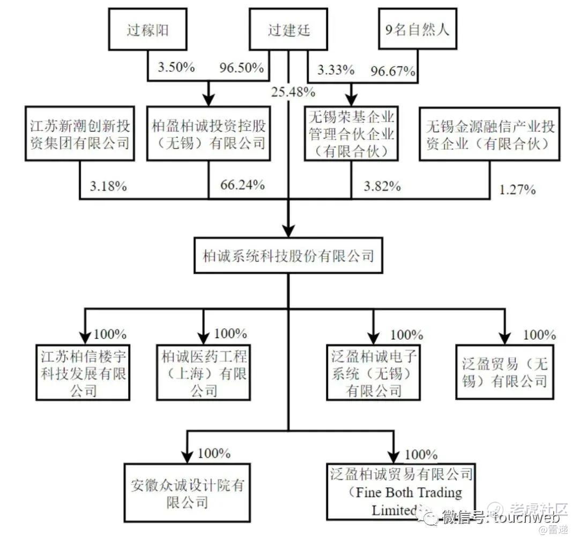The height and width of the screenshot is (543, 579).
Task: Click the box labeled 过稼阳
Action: click(x=148, y=30)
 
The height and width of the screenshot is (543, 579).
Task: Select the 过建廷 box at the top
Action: click(x=288, y=30)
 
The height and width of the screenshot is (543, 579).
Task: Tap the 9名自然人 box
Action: click(x=418, y=29)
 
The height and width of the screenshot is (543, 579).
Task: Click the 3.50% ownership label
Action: click(x=176, y=67)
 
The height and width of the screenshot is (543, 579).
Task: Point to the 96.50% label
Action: click(x=241, y=68)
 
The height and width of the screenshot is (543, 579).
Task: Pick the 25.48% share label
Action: click(x=293, y=92)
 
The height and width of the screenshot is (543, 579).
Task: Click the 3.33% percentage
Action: click(x=336, y=70)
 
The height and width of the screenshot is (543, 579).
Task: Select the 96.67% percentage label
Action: click(x=393, y=71)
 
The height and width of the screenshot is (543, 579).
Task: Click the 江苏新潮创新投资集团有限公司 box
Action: click(x=80, y=134)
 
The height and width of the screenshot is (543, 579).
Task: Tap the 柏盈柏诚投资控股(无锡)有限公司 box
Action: click(x=209, y=134)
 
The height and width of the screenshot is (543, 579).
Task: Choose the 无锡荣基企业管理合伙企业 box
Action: click(x=351, y=134)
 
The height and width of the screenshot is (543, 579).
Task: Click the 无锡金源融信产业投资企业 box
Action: click(x=489, y=134)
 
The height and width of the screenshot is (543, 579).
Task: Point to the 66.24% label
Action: click(x=242, y=185)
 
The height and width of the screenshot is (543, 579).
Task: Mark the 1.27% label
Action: click(x=517, y=189)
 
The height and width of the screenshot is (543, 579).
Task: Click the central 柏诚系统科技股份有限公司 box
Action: click(x=288, y=256)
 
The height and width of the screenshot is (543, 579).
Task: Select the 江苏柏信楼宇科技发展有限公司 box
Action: click(x=83, y=372)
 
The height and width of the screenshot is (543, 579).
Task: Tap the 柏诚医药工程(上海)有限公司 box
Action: click(x=204, y=372)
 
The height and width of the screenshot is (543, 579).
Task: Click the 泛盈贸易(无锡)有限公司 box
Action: click(x=505, y=372)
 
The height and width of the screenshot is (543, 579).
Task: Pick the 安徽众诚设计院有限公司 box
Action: click(x=187, y=493)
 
